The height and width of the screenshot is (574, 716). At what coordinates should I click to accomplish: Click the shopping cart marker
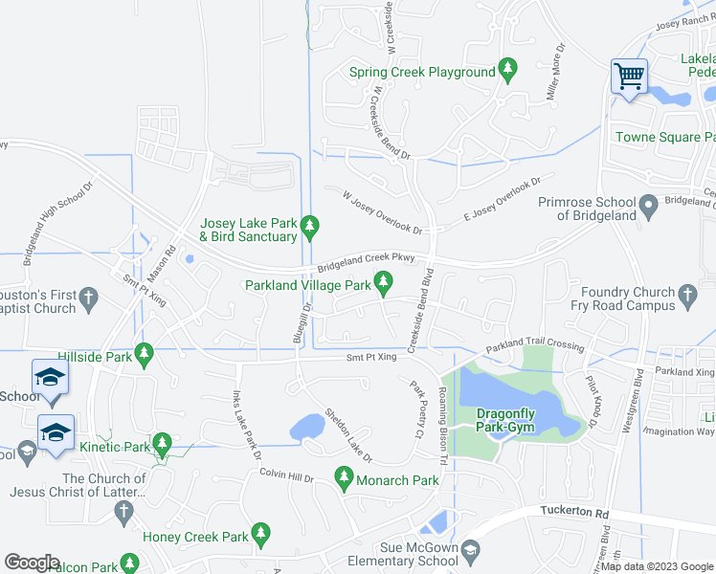pos(629,75)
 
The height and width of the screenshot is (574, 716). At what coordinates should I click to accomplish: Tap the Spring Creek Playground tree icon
pos(508,71)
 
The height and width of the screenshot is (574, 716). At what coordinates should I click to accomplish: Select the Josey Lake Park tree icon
pos(309,227)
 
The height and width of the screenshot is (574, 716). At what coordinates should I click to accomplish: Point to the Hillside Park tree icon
pos(145,355)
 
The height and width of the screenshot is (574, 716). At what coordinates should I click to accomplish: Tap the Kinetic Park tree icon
pos(163,445)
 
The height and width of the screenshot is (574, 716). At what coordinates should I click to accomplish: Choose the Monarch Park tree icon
pos(344,476)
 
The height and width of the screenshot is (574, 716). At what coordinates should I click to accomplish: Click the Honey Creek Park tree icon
pos(259,534)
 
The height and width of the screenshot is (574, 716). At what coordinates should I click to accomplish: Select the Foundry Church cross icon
pos(686,297)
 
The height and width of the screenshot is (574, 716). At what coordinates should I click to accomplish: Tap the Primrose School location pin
pos(648,205)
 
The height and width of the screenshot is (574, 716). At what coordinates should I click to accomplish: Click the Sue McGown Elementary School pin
pos(471,552)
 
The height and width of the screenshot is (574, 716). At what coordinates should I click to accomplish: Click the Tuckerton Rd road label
pos(574,513)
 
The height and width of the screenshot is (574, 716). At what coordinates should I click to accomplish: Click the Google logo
pos(32,563)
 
